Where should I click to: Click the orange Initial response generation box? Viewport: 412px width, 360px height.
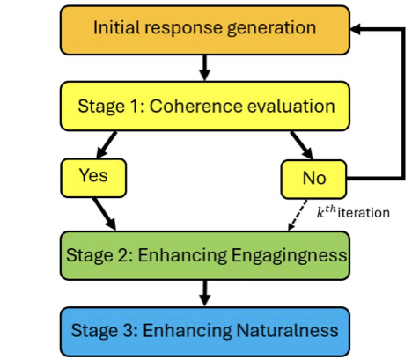click(204, 29)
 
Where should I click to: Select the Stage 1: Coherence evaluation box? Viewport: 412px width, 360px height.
click(204, 106)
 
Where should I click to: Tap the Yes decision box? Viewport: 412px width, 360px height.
click(93, 177)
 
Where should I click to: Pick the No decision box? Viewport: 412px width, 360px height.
click(313, 178)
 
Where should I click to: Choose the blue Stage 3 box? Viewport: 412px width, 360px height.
click(204, 330)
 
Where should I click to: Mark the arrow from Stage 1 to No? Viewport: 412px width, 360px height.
click(302, 143)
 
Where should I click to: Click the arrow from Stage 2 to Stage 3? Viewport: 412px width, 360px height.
click(204, 292)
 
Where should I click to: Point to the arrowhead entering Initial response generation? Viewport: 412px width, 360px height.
click(357, 29)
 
